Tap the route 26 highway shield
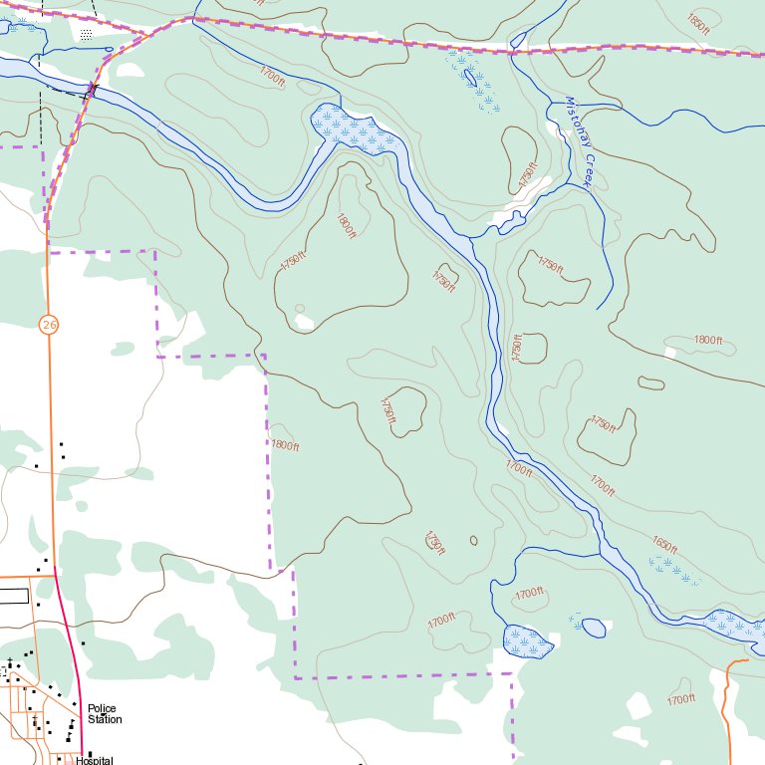(49, 324)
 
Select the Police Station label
(104, 714)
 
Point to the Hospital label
(95, 761)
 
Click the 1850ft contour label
(698, 20)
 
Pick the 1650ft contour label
(664, 545)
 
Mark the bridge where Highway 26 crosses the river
(93, 90)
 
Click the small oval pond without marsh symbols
(594, 628)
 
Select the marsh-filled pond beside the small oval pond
(527, 642)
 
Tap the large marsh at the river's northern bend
(357, 129)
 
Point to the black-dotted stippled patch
(87, 34)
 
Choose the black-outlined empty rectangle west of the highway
(13, 596)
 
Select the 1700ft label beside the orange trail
(680, 699)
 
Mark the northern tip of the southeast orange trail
(745, 659)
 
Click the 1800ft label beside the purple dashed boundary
(284, 445)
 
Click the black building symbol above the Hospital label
(90, 753)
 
